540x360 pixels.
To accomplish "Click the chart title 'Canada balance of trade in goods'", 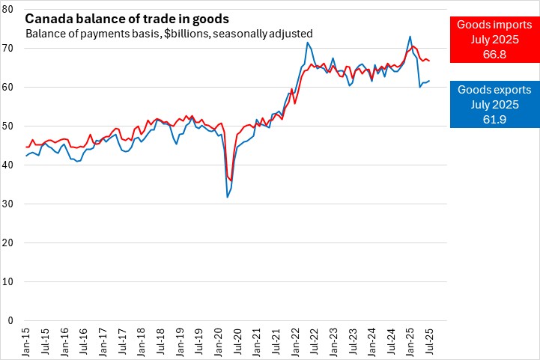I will pyautogui.click(x=127, y=18).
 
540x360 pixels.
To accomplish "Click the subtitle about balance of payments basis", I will pyautogui.click(x=169, y=34).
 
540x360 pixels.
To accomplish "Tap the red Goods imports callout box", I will pyautogui.click(x=494, y=39).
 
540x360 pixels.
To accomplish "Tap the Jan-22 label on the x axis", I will pyautogui.click(x=297, y=341).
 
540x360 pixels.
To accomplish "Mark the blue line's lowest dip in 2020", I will pyautogui.click(x=227, y=197).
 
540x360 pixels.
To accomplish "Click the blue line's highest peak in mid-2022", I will pyautogui.click(x=307, y=43).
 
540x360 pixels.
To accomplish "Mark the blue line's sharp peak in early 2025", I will pyautogui.click(x=410, y=37).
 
